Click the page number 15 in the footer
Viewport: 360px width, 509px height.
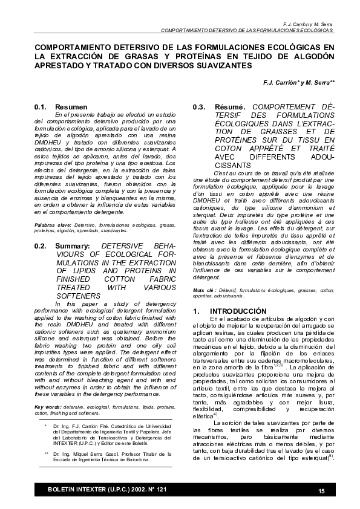[x=321, y=489]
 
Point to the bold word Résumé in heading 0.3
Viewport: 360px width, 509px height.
[x=230, y=107]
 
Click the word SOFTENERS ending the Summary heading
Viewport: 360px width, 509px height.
[x=79, y=296]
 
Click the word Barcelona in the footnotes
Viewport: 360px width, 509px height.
[x=134, y=459]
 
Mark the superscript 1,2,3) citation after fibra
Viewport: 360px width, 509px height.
[x=312, y=365]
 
